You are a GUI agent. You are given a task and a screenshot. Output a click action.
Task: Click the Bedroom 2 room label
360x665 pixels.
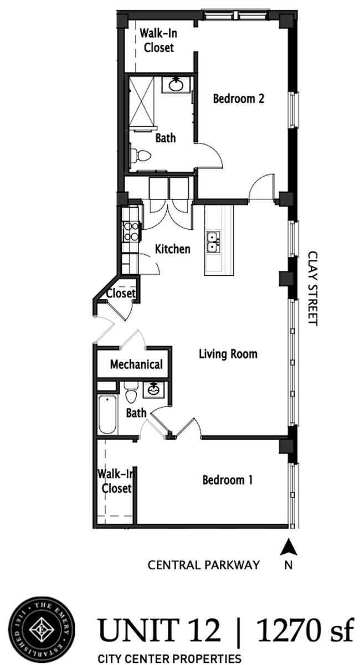click(x=238, y=99)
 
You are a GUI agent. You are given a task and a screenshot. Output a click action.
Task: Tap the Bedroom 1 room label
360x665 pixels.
click(x=227, y=480)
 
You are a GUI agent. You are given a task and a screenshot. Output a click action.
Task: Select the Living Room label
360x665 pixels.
click(x=228, y=353)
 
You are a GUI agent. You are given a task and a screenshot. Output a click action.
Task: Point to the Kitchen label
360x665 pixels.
click(x=172, y=249)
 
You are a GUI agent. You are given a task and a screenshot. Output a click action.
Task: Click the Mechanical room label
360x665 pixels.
click(x=136, y=364)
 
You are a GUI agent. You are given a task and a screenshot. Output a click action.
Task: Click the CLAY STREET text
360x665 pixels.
click(x=313, y=288)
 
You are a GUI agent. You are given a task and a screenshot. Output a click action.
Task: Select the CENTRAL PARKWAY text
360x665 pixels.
click(x=203, y=565)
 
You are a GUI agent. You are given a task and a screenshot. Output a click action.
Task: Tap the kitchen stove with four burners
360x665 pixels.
click(x=131, y=231)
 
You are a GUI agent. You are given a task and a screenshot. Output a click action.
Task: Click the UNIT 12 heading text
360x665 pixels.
click(x=160, y=631)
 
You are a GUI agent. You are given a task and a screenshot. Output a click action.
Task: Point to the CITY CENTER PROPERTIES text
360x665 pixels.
click(x=169, y=658)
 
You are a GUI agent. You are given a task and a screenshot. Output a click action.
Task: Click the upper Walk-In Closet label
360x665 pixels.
click(x=158, y=40)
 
